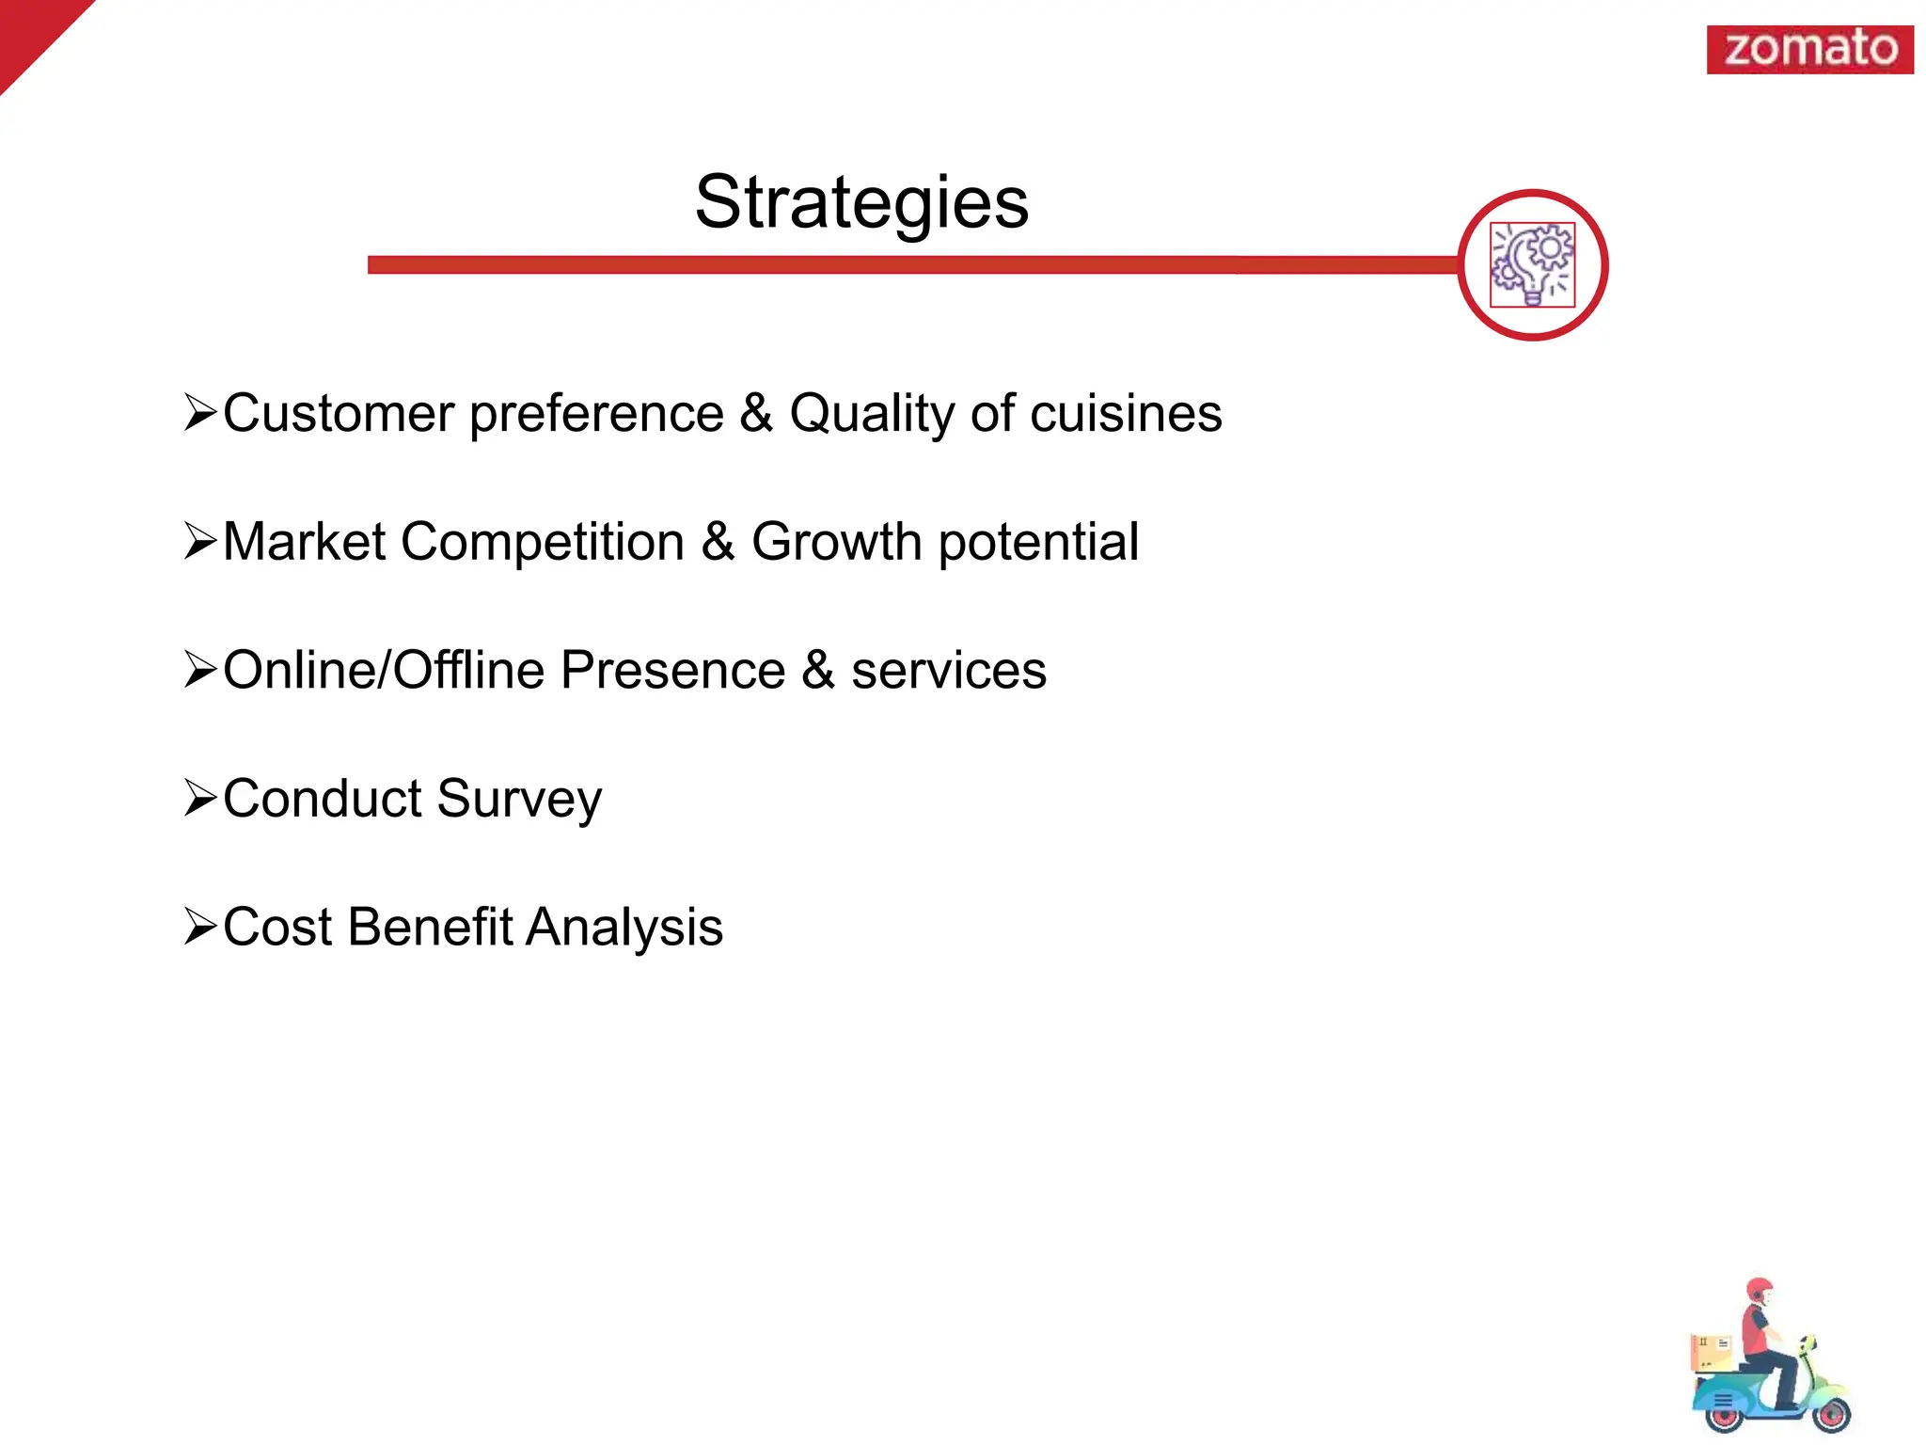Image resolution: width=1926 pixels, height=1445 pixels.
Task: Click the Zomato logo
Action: (1809, 49)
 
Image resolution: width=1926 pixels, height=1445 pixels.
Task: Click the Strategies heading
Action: (861, 202)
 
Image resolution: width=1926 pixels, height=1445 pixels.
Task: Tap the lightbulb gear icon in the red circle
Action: (1532, 265)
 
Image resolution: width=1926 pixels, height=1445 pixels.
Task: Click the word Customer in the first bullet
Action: (339, 413)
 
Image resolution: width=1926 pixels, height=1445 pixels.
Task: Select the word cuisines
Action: (1126, 413)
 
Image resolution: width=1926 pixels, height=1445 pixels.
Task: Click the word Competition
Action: (543, 543)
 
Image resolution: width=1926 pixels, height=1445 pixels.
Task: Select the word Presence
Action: (672, 670)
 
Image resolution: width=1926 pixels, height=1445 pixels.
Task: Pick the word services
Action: (948, 671)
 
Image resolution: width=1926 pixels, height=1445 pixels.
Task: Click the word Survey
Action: (519, 800)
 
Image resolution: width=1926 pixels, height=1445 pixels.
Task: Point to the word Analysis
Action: (624, 929)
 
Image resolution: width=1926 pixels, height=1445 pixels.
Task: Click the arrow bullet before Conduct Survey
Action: (200, 798)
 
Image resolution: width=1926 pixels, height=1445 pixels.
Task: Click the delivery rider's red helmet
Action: (1758, 1290)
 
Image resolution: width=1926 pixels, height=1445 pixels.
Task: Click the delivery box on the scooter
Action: (1711, 1351)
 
